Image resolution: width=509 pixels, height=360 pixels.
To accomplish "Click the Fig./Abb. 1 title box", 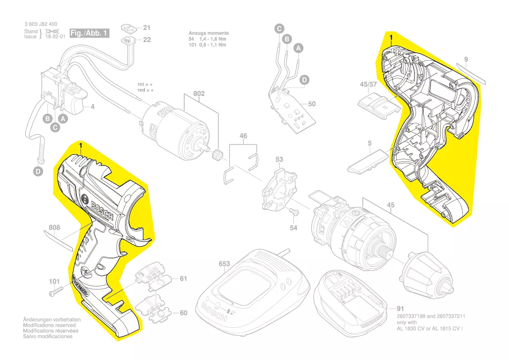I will click(x=89, y=33).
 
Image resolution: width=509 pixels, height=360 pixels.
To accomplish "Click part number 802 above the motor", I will click(x=199, y=94).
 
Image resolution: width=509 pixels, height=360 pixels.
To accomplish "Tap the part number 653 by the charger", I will click(x=224, y=264).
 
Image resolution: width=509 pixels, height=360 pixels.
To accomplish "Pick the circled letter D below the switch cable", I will click(x=39, y=172).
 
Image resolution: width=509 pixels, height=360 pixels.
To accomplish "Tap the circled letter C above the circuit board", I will click(x=279, y=29).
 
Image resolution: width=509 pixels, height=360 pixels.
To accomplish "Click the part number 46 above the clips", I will click(x=243, y=136).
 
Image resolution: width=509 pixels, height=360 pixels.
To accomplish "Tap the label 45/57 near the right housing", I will click(x=368, y=84).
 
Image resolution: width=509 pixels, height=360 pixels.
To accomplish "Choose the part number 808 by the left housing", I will click(x=54, y=228).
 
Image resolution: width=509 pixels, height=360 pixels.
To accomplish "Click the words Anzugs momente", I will click(x=209, y=33).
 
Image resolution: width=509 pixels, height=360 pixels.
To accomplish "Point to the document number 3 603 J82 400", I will click(x=40, y=24).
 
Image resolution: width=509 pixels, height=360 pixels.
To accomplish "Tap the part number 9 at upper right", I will click(x=466, y=59).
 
